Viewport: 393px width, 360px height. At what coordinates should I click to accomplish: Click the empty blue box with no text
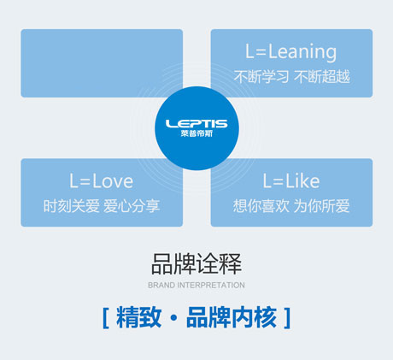[102, 63]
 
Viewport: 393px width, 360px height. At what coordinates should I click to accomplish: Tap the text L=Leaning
[291, 52]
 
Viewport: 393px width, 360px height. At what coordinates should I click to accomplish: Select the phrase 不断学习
[261, 77]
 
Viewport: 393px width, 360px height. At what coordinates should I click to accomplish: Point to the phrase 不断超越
[322, 77]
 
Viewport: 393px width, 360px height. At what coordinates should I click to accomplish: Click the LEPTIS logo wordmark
[196, 124]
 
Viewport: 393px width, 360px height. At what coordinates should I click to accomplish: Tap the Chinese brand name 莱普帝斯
[196, 133]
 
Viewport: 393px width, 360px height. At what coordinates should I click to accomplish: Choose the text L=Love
[102, 181]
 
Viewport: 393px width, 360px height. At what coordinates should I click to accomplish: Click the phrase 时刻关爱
[71, 206]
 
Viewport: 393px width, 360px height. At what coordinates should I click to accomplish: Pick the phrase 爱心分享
[132, 206]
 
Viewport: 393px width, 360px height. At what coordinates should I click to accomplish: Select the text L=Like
[291, 181]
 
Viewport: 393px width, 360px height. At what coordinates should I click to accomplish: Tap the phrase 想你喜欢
[261, 206]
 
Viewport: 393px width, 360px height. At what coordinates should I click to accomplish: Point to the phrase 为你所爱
[321, 206]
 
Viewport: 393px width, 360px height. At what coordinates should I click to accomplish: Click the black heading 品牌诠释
[196, 264]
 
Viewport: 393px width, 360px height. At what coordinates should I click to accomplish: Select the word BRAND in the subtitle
[161, 285]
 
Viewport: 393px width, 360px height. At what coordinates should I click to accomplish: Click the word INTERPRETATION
[211, 285]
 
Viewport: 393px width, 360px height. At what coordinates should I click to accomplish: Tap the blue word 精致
[138, 317]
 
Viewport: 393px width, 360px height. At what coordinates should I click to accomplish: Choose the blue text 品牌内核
[232, 317]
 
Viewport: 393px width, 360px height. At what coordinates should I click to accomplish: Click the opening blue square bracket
[105, 318]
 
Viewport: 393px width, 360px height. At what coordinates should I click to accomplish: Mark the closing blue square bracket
[287, 318]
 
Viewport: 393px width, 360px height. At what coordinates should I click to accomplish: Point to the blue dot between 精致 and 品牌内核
[173, 317]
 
